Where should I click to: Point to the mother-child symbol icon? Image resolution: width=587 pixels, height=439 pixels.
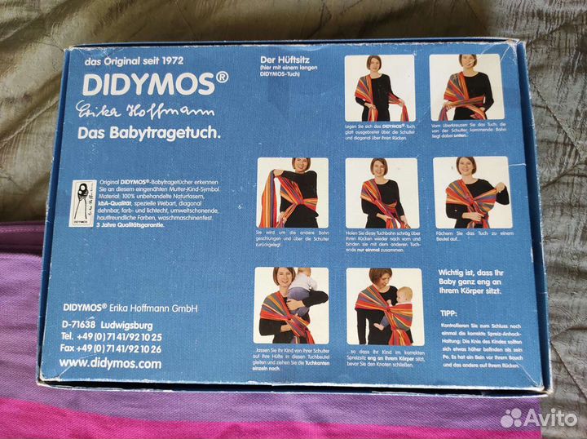[81, 201]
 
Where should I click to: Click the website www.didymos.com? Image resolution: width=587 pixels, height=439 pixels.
[110, 363]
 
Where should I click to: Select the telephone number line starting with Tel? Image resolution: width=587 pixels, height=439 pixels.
[109, 336]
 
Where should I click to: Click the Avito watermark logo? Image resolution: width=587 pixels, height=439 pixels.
[538, 418]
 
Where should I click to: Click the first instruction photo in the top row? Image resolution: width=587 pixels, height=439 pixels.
[379, 87]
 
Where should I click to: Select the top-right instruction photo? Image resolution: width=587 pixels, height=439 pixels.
[466, 87]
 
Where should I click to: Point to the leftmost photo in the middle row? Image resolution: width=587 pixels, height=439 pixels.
[293, 193]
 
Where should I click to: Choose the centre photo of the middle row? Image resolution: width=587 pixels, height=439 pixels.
[382, 193]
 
